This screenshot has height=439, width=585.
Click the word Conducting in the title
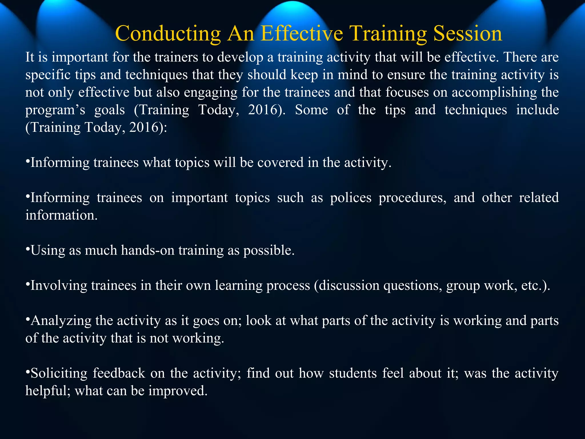(168, 34)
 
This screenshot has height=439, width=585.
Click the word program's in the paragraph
(55, 110)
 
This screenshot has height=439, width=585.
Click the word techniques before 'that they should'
(156, 75)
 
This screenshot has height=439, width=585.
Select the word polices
(351, 198)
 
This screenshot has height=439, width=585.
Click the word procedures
(412, 198)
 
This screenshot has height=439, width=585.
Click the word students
(353, 374)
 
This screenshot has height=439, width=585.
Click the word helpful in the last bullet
(48, 391)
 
